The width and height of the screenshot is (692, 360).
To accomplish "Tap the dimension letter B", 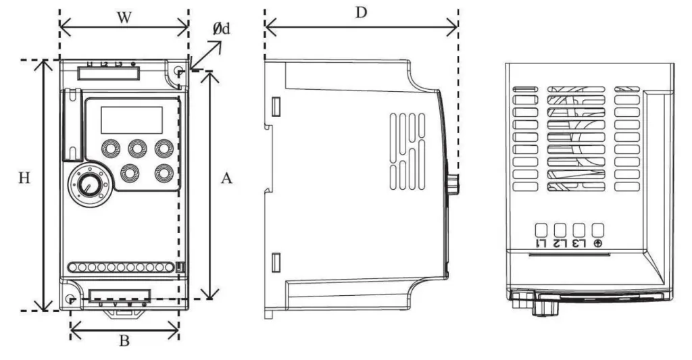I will [x=124, y=341].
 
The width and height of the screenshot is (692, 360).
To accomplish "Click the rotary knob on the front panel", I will [x=86, y=184].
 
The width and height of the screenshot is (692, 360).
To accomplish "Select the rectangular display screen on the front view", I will [x=131, y=120].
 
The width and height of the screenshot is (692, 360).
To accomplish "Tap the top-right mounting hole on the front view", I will [x=178, y=72].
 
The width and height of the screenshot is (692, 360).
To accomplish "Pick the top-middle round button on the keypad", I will [x=137, y=148].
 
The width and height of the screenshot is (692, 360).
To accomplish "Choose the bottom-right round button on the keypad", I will [x=164, y=172].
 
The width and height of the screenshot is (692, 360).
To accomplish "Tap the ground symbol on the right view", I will [x=598, y=243].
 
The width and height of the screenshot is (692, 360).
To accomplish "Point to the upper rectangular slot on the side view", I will [x=276, y=107].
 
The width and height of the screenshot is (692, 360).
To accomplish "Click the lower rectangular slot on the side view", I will [x=276, y=261].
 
